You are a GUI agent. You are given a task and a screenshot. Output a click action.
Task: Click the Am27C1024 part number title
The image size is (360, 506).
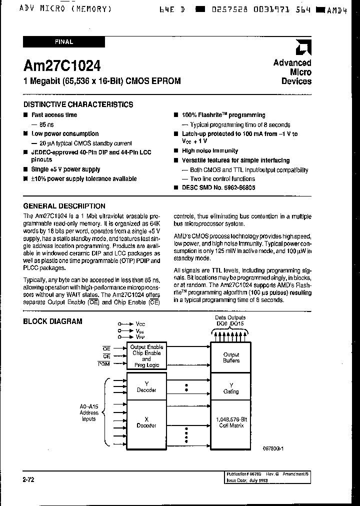[x=62, y=66]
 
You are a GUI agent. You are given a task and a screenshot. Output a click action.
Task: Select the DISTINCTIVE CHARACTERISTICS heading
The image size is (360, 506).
[x=78, y=104]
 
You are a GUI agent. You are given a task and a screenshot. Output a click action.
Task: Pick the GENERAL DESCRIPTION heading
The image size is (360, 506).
[x=64, y=206]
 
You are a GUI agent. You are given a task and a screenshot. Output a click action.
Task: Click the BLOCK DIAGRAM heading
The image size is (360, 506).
[x=52, y=321]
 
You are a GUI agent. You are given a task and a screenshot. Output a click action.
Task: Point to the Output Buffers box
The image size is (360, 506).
[x=231, y=357]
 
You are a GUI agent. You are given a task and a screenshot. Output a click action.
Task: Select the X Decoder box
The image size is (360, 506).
[x=146, y=422]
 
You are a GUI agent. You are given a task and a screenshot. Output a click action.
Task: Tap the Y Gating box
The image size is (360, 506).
[x=231, y=388]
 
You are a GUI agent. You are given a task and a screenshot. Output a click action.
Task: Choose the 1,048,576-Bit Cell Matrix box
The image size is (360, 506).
[x=231, y=422]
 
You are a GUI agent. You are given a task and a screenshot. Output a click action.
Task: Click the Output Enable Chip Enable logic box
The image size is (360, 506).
[x=146, y=355]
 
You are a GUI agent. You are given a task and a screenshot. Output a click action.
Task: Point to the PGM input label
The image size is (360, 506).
[x=104, y=364]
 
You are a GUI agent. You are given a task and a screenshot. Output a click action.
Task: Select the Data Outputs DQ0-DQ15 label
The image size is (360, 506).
[x=230, y=320]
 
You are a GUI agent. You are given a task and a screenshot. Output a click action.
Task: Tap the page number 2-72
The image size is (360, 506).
[x=28, y=479]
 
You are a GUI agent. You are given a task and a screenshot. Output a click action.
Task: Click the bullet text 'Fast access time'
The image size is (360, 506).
[x=54, y=115]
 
